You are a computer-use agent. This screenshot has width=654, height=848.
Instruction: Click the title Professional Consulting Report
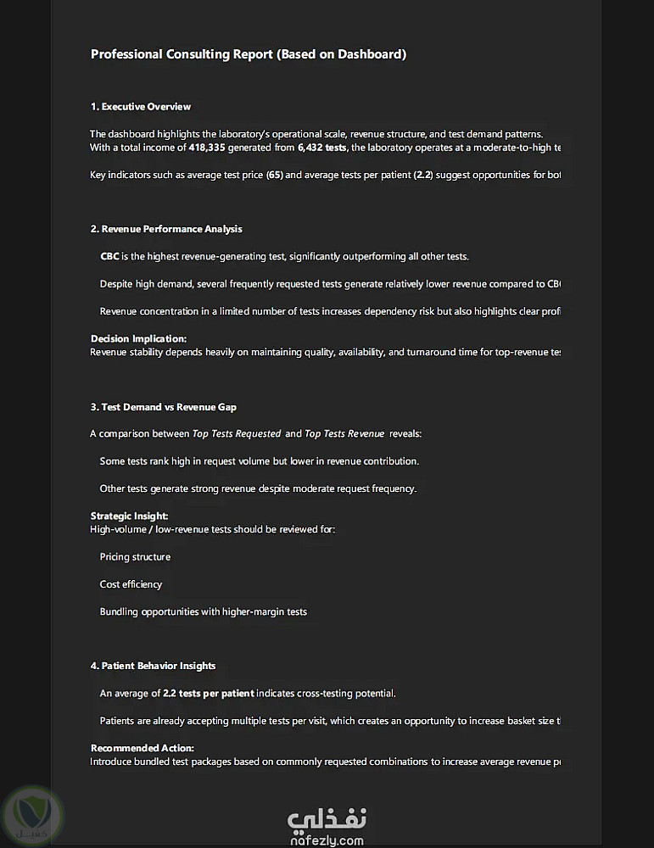249,54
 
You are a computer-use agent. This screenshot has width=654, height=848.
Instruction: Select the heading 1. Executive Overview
141,107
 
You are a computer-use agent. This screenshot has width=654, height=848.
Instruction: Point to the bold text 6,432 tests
321,148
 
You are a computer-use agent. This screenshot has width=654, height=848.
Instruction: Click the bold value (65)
274,175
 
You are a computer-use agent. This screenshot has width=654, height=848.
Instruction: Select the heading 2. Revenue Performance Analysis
166,229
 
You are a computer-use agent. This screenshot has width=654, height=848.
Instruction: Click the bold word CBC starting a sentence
109,256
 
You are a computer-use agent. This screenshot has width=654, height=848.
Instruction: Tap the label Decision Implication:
138,338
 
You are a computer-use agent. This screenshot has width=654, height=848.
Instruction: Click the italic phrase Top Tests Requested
237,434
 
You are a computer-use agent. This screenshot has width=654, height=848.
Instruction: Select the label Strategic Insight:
130,516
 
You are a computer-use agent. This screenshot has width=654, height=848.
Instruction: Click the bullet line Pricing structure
135,557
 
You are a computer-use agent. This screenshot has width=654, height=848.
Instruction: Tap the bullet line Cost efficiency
131,584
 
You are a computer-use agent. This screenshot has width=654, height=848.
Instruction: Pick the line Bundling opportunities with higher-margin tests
204,611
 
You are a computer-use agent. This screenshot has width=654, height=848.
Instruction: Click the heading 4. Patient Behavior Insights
154,666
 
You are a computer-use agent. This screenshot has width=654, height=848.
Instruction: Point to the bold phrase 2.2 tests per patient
208,693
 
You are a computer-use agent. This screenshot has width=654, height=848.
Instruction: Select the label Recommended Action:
143,748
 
